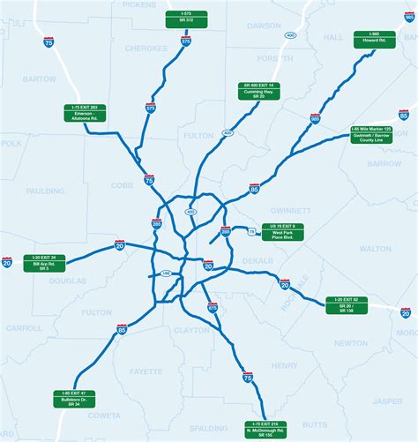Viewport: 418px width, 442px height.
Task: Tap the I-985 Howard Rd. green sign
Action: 366,39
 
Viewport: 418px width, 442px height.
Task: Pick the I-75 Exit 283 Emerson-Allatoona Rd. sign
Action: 86,114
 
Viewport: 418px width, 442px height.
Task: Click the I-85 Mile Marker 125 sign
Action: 369,137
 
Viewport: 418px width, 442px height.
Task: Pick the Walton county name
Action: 375,250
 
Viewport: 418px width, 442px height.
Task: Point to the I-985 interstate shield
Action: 315,118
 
